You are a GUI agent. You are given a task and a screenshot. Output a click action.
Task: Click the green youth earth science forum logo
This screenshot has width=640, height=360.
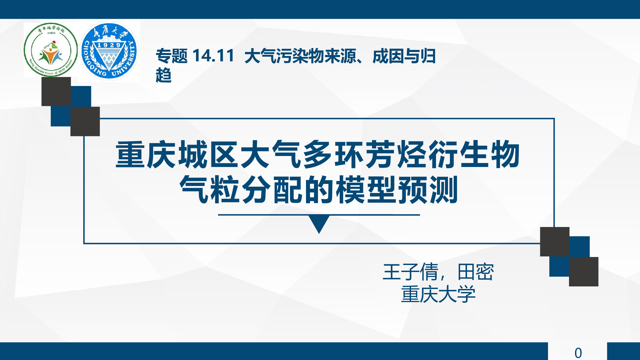click(x=51, y=50)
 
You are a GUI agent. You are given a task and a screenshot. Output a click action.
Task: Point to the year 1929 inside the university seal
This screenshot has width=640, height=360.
click(x=109, y=45)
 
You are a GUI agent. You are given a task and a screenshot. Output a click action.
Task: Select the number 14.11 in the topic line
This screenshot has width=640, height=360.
click(x=213, y=56)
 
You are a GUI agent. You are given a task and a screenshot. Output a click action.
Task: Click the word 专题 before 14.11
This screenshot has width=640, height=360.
click(x=172, y=56)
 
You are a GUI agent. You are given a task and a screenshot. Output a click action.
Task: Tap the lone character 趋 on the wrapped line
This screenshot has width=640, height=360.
click(x=164, y=75)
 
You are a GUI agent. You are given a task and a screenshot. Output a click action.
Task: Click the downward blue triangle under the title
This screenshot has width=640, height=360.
click(x=319, y=223)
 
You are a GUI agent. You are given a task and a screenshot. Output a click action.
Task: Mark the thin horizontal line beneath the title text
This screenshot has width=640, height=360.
click(x=319, y=215)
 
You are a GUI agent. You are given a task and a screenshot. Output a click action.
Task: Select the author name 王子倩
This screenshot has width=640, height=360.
click(x=410, y=272)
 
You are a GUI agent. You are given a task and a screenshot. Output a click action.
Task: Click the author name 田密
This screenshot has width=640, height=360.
click(x=476, y=272)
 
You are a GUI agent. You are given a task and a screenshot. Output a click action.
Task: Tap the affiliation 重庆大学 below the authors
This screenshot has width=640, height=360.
click(x=438, y=294)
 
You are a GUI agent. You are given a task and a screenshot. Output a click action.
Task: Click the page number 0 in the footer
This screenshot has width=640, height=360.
click(x=578, y=353)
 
